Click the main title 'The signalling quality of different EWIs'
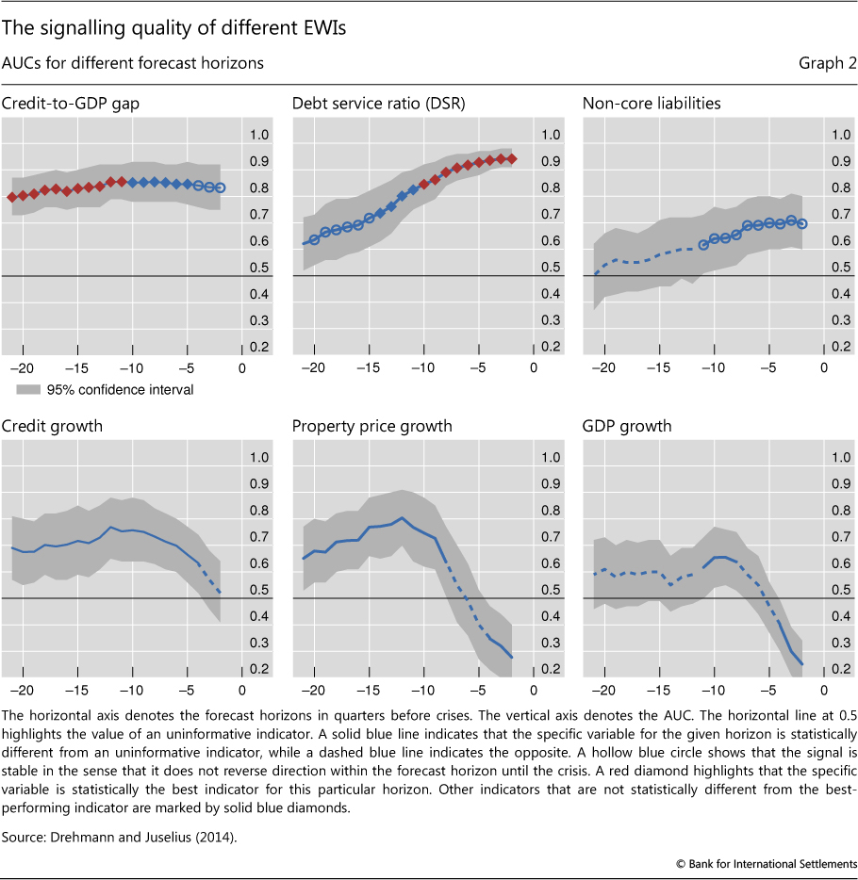pos(174,28)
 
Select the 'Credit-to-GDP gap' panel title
pos(70,103)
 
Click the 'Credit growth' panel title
pos(53,426)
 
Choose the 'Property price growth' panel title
pos(372,426)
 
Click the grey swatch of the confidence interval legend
pos(26,389)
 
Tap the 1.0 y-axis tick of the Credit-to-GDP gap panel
pos(257,135)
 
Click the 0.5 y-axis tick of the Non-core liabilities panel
pos(839,268)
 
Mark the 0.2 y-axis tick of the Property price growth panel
pos(549,669)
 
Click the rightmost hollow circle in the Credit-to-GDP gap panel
pos(220,187)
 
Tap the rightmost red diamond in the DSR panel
pos(512,159)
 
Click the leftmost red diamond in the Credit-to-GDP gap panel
pos(11,197)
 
